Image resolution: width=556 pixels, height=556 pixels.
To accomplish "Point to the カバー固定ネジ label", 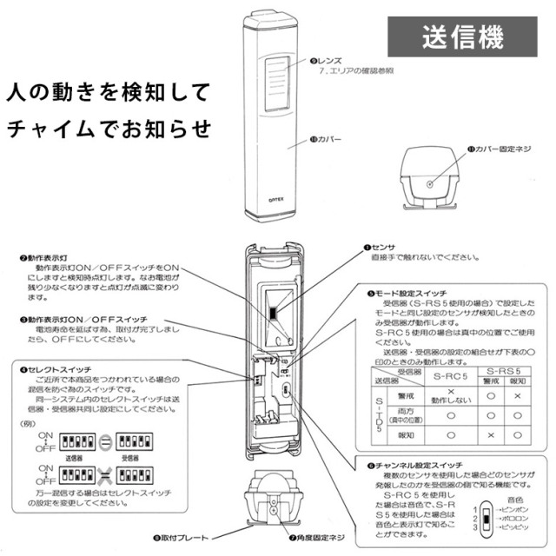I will click(x=504, y=149).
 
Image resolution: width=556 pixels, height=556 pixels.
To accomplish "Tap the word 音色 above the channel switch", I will click(x=514, y=500).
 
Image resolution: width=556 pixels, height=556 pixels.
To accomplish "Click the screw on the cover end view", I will click(x=433, y=183).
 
